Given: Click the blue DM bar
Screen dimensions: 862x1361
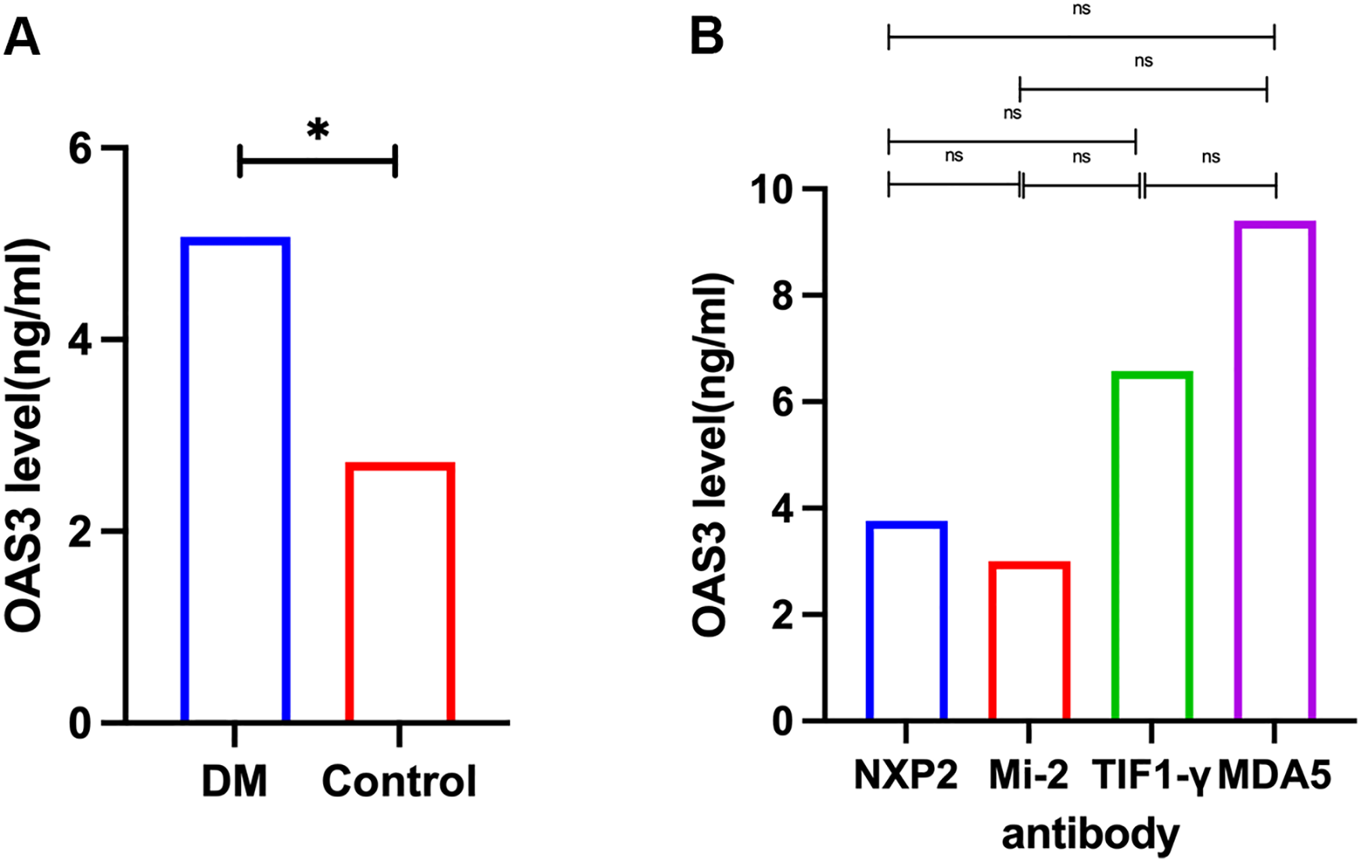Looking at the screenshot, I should [235, 479].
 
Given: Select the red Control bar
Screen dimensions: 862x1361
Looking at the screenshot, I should [400, 591].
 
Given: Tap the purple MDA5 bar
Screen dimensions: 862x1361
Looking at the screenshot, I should [1274, 471].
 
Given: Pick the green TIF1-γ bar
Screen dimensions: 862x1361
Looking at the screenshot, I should [1151, 546].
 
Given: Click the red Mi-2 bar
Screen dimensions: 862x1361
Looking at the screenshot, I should [1029, 641].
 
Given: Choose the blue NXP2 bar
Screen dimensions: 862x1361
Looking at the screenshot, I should [906, 620].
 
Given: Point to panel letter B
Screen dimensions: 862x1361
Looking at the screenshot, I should [706, 36].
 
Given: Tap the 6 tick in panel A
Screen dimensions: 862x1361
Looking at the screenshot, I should [81, 149].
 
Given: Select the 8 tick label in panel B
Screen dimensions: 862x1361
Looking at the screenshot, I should [784, 296].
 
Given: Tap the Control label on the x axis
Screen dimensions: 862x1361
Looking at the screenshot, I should [399, 781].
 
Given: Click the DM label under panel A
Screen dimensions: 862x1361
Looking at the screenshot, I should [235, 781].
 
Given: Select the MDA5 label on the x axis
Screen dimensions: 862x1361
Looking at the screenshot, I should [1274, 776].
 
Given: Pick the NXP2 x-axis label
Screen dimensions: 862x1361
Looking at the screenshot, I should [906, 776].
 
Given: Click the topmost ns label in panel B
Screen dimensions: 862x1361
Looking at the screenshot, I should [1081, 9].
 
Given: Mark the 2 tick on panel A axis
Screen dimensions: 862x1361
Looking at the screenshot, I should [81, 532].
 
